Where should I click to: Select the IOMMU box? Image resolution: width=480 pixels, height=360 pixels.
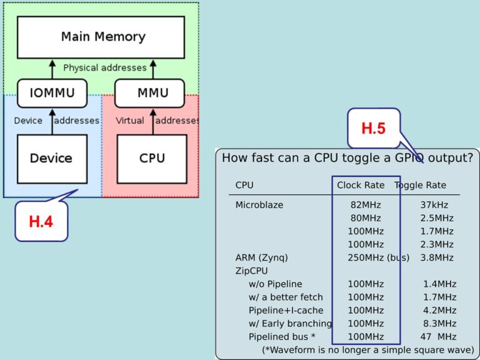tap(52, 93)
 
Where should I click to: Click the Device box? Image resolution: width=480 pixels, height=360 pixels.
tap(52, 159)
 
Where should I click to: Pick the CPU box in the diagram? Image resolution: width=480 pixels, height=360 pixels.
tap(151, 159)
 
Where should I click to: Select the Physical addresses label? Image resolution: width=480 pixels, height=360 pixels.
tap(104, 67)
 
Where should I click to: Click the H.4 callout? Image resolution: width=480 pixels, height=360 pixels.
tap(41, 221)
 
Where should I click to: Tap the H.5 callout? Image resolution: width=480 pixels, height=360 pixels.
tap(373, 129)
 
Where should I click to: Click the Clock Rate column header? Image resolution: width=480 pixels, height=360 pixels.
tap(361, 185)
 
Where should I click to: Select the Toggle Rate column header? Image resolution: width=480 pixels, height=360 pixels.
tap(420, 185)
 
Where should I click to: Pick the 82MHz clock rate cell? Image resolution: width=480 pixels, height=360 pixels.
tap(366, 205)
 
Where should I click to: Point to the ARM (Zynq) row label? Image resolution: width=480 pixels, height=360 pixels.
tap(261, 257)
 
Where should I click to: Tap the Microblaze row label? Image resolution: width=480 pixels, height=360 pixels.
tap(259, 205)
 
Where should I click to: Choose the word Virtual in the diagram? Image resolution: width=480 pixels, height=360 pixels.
tap(130, 121)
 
